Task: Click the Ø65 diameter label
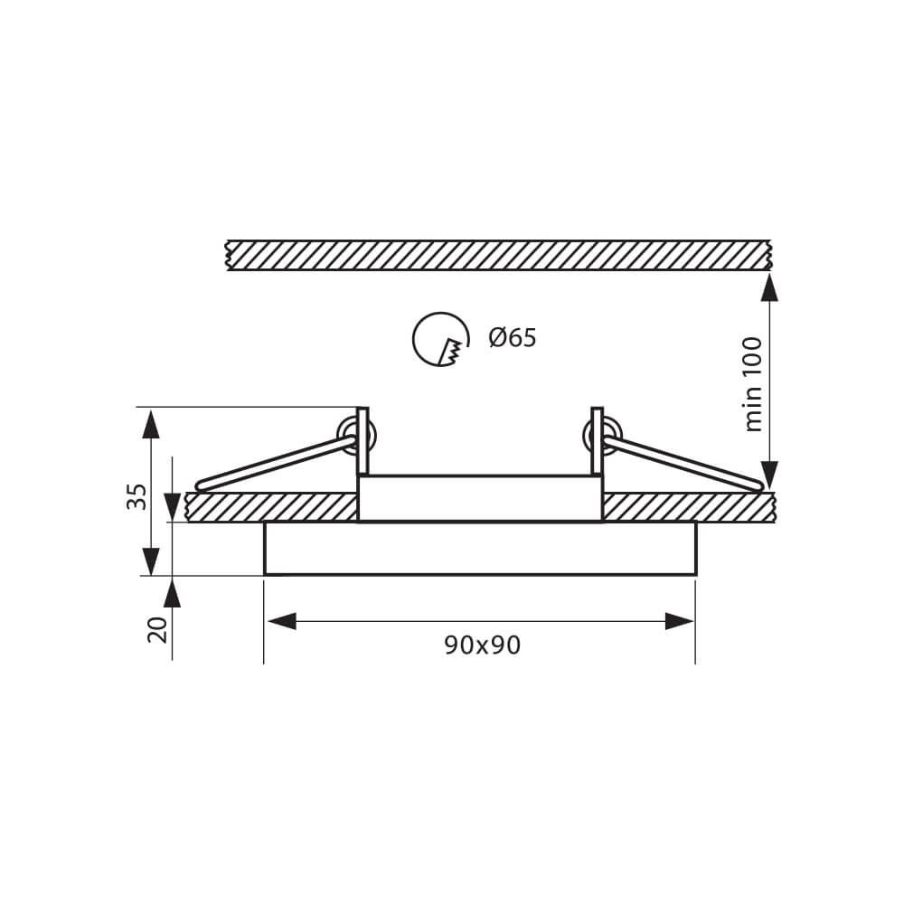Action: pos(512,338)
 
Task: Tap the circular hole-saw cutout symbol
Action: pos(439,340)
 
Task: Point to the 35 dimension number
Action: pos(137,495)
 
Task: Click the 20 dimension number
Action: pos(158,629)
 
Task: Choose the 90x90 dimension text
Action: pos(482,645)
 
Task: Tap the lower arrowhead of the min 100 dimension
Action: pos(769,475)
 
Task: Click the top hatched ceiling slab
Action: pos(497,255)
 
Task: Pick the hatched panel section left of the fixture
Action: pos(271,507)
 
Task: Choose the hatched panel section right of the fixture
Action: pos(687,507)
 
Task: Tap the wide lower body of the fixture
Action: pos(480,548)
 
